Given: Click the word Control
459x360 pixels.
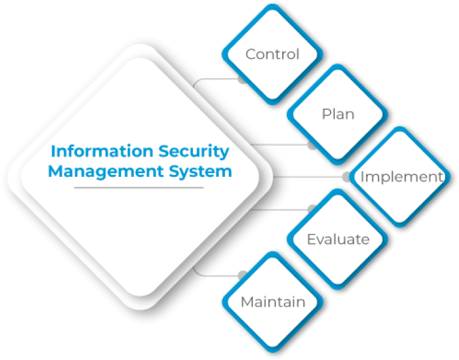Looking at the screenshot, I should coord(272,54).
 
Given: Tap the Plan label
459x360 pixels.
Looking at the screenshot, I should coord(338,114).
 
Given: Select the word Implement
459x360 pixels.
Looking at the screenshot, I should coord(402,177).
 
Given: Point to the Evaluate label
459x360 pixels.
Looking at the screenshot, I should coord(338,240).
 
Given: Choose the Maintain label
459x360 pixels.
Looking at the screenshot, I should coord(273,302).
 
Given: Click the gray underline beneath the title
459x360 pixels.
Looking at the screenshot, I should coord(139,187).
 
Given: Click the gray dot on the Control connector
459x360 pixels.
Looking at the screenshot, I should coord(242,81).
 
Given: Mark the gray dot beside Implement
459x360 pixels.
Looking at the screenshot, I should coord(346,177).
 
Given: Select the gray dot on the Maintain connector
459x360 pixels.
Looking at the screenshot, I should coord(242,274).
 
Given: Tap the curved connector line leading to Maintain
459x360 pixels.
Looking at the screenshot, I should coord(211,274).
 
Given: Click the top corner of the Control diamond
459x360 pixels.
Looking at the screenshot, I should coord(272,7).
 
